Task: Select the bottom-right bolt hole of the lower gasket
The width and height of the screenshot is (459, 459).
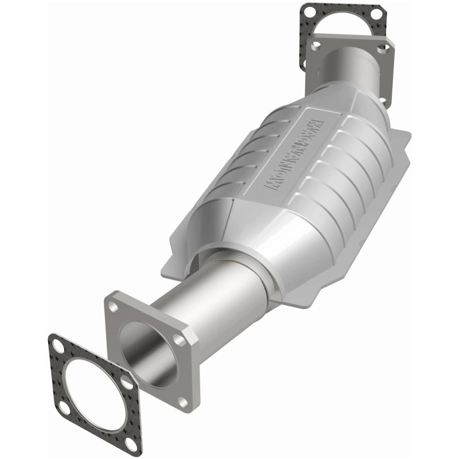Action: (x=131, y=445)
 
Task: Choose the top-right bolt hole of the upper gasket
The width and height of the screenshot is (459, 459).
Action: (x=375, y=13)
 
